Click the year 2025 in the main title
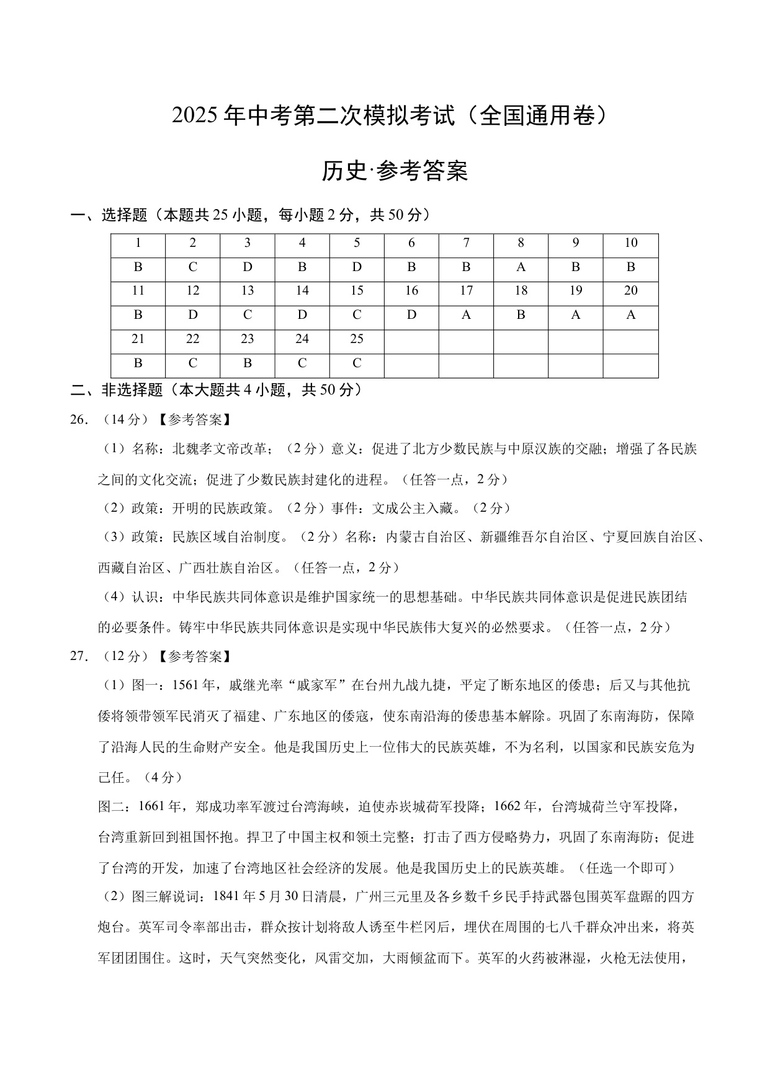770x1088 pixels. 195,117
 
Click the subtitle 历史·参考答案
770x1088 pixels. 395,171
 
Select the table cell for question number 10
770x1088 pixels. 630,243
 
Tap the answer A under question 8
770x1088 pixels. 521,267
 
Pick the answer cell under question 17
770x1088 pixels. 466,315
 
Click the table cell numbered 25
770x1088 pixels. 357,339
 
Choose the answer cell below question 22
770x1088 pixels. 193,363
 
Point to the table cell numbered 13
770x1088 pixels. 248,291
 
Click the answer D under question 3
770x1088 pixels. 248,267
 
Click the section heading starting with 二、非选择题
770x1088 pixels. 216,390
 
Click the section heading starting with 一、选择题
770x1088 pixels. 250,215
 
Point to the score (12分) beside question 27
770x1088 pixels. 127,656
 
